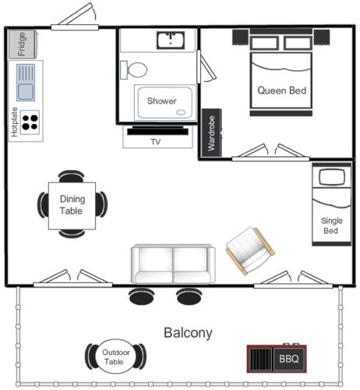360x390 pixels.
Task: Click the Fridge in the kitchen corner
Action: click(x=23, y=44)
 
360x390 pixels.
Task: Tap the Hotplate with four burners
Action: click(x=30, y=122)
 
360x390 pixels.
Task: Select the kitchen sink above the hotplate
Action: click(x=26, y=83)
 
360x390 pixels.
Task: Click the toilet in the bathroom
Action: click(x=134, y=70)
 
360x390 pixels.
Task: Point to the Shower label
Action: click(x=161, y=101)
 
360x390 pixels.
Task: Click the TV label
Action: click(x=155, y=142)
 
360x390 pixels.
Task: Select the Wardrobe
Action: click(x=210, y=134)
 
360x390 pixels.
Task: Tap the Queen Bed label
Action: click(x=281, y=90)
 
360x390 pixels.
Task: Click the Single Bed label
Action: click(x=331, y=226)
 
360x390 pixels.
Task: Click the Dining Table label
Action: click(x=72, y=205)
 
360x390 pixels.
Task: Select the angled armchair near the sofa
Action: click(x=249, y=250)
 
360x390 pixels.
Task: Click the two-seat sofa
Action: click(x=171, y=264)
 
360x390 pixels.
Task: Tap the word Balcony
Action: click(x=187, y=333)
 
